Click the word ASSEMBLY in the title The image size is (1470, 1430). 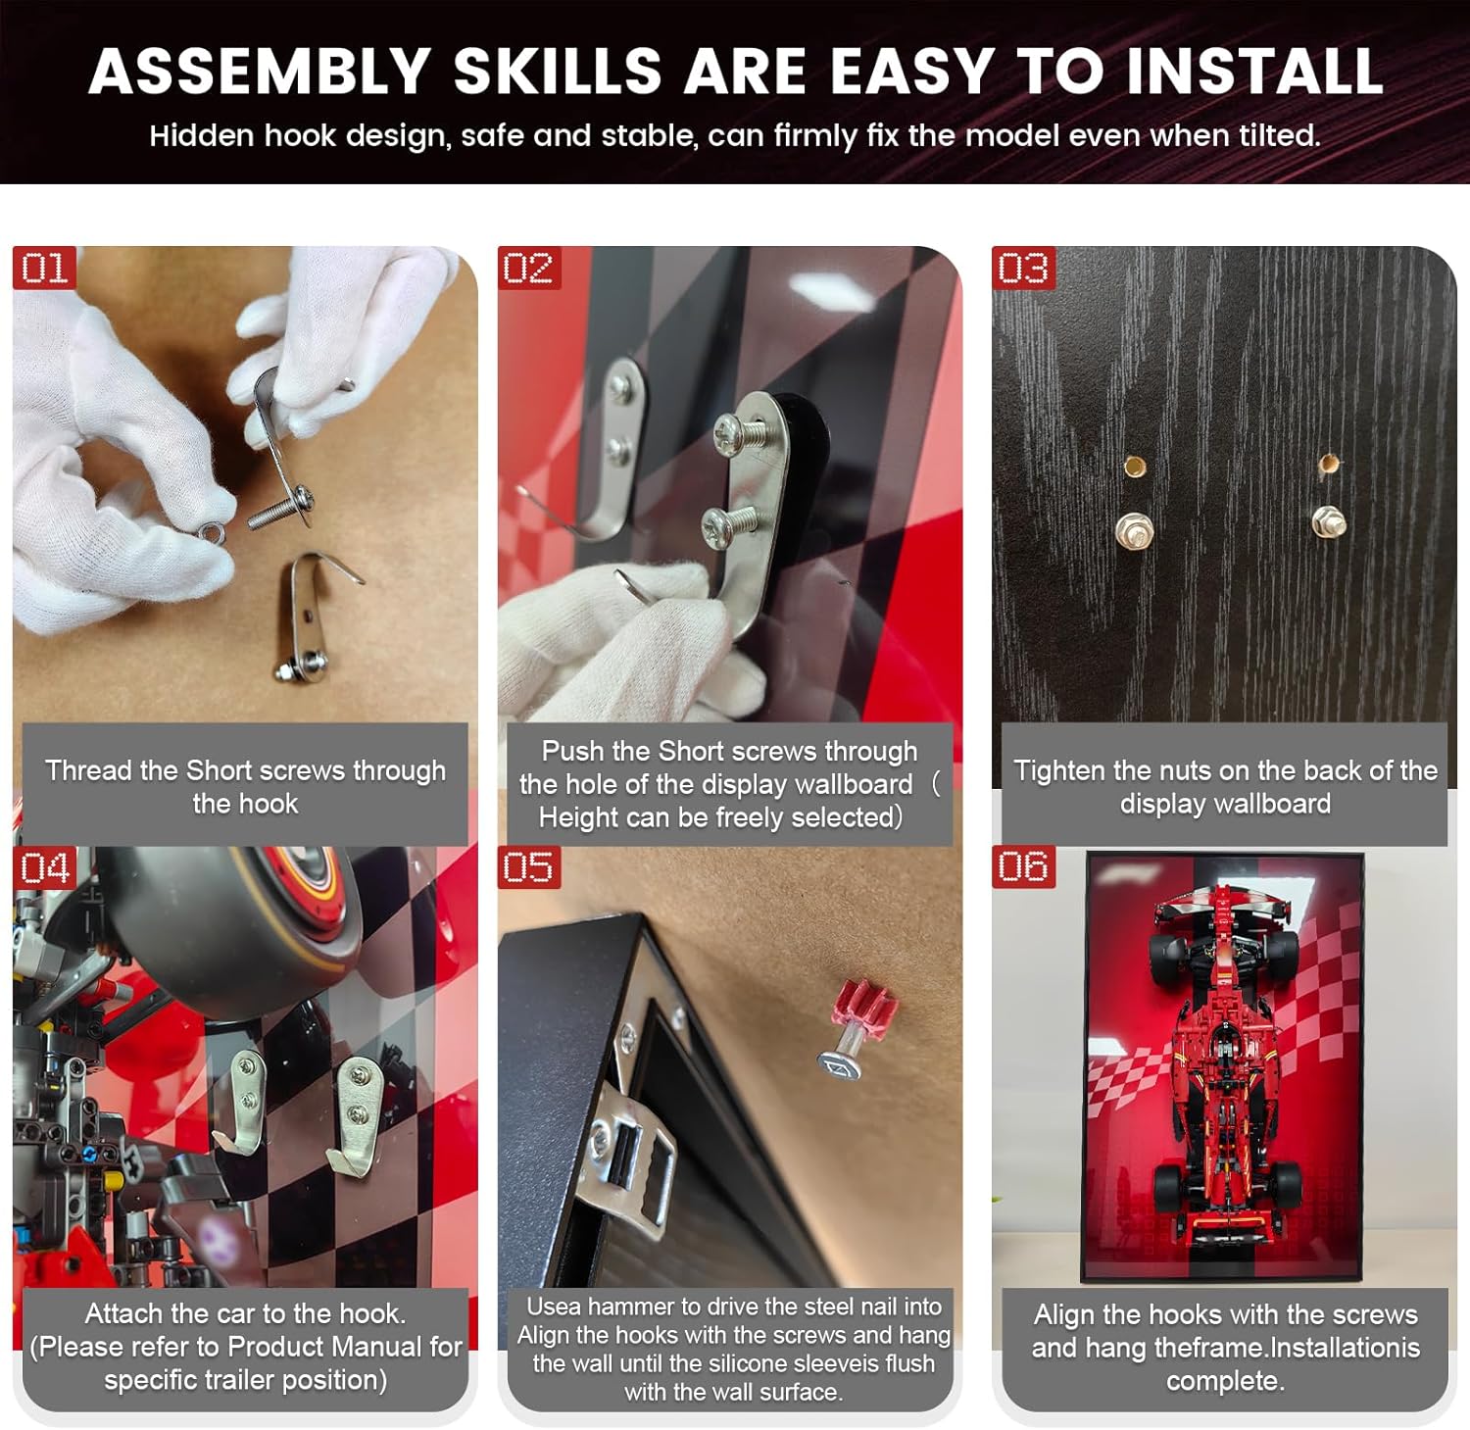[x=260, y=71]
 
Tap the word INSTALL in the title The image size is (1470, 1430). [x=1254, y=71]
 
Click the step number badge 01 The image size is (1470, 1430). [x=43, y=268]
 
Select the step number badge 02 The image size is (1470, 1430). [x=528, y=268]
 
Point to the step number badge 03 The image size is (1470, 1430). [x=1023, y=268]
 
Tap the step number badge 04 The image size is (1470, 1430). [x=45, y=868]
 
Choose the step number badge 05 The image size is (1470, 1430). [x=528, y=867]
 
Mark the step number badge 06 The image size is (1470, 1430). [x=1023, y=866]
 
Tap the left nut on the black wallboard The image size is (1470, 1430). [x=1133, y=532]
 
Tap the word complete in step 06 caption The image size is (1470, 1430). [x=1225, y=1382]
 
